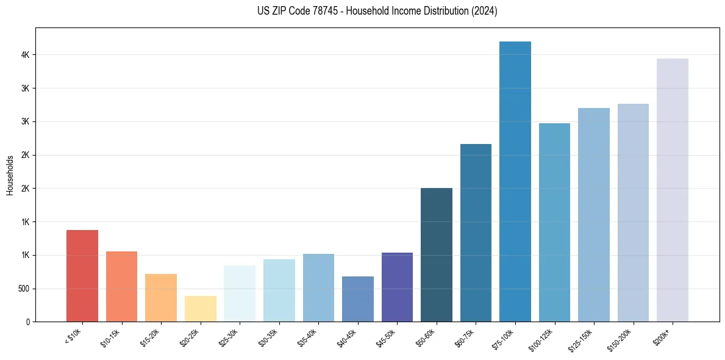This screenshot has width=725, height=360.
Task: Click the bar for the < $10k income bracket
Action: pos(82,276)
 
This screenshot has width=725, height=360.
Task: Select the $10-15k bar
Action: pos(121,287)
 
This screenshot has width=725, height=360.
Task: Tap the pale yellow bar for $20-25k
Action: pos(200,309)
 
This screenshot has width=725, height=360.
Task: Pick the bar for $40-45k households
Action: pos(357,299)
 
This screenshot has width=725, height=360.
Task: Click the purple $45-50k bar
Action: pos(397,287)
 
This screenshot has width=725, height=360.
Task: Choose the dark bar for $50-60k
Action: pos(436,255)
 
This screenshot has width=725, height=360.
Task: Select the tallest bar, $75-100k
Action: pos(515,182)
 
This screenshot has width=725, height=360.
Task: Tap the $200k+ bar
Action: pos(672,190)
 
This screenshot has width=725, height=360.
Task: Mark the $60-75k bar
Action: pos(476,233)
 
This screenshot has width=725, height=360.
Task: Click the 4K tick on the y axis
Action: pos(26,55)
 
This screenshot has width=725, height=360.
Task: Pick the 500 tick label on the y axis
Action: pos(24,289)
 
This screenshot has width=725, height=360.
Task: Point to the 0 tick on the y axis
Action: pos(28,322)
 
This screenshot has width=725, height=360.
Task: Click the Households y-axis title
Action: pos(10,175)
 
